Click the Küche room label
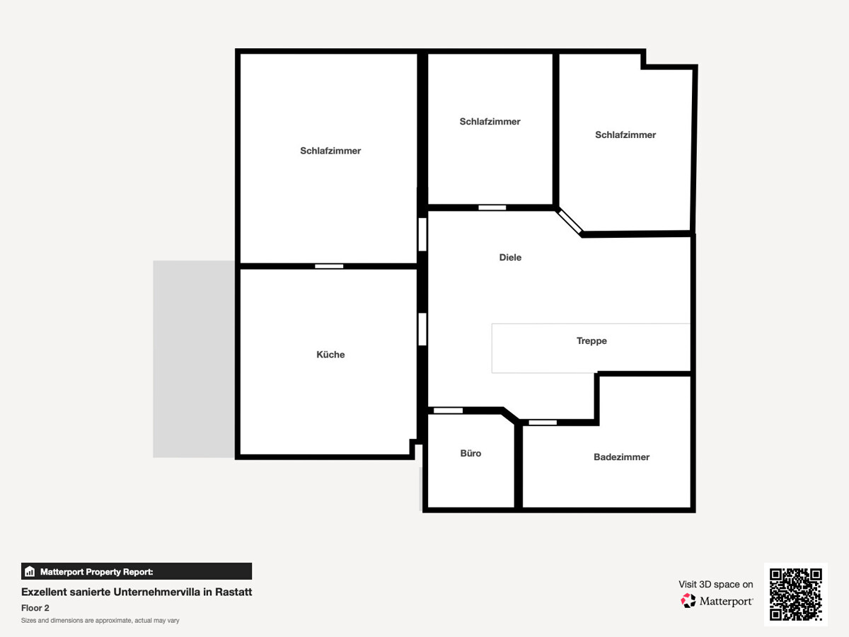[x=330, y=355]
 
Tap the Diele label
[x=510, y=257]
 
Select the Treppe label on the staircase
[x=591, y=340]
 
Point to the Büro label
[x=470, y=453]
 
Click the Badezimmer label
[x=621, y=457]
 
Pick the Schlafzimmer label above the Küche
[x=330, y=151]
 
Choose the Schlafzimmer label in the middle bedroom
[x=490, y=122]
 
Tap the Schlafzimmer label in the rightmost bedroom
[x=625, y=134]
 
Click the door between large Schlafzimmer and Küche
[x=329, y=266]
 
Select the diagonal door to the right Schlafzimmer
[x=570, y=222]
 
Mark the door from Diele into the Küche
[x=422, y=329]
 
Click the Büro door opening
[x=448, y=411]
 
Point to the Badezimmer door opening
[x=543, y=423]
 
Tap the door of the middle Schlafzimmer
[x=492, y=207]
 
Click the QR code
[x=796, y=594]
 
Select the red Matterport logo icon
[x=688, y=601]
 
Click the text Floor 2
[x=35, y=608]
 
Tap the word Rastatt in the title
[x=233, y=592]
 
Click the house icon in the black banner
[x=30, y=571]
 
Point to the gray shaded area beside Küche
[x=194, y=359]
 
